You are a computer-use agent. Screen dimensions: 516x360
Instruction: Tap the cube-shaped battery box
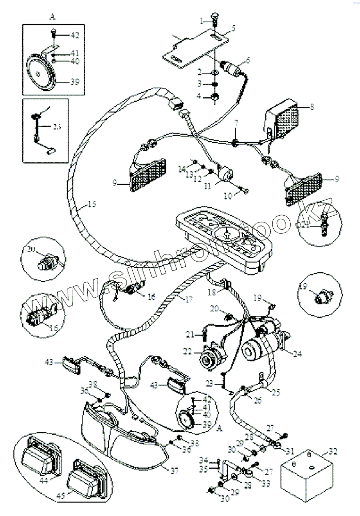pyautogui.click(x=305, y=475)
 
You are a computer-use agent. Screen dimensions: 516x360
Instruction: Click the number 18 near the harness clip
pyautogui.click(x=212, y=293)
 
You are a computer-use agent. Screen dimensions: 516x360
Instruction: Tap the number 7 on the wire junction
pyautogui.click(x=236, y=123)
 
